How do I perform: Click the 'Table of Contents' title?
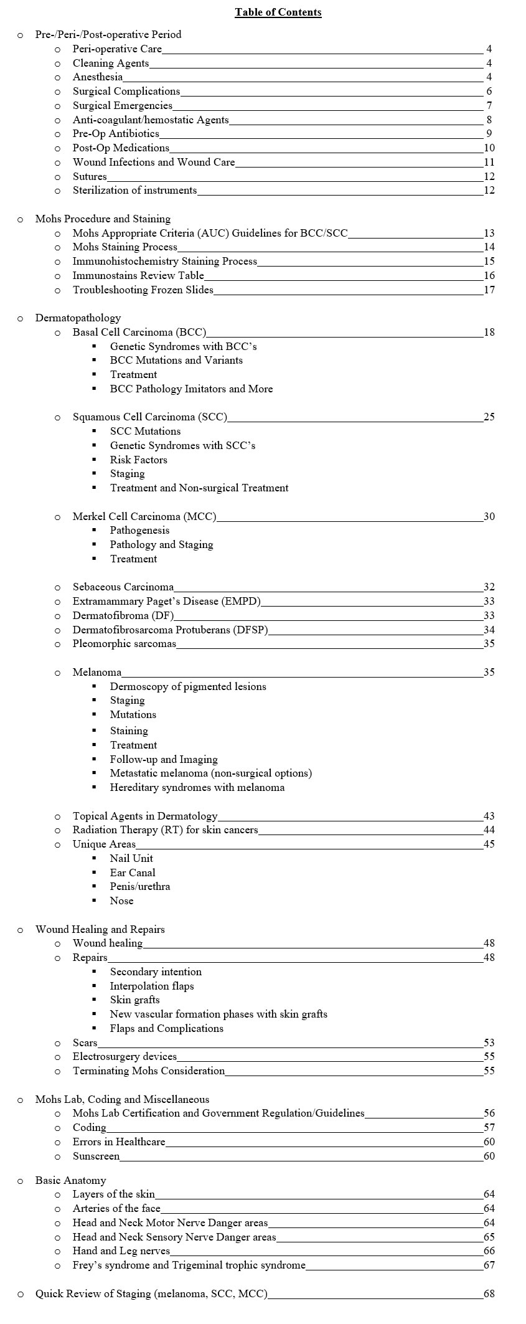pyautogui.click(x=278, y=12)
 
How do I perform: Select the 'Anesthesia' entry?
pyautogui.click(x=98, y=77)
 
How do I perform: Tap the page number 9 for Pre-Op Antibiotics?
pyautogui.click(x=489, y=134)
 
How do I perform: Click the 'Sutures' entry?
pyautogui.click(x=90, y=176)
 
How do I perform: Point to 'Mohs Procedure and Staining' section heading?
pyautogui.click(x=103, y=219)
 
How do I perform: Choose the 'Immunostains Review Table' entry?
pyautogui.click(x=138, y=275)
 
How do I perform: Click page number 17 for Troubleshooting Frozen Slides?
pyautogui.click(x=489, y=290)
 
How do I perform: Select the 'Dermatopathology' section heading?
pyautogui.click(x=78, y=318)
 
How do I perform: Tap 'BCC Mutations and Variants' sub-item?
pyautogui.click(x=176, y=360)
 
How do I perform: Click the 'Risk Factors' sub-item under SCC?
pyautogui.click(x=139, y=460)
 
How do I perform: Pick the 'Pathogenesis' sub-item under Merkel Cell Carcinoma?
pyautogui.click(x=139, y=531)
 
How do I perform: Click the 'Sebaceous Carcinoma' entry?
pyautogui.click(x=123, y=587)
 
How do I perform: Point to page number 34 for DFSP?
pyautogui.click(x=489, y=630)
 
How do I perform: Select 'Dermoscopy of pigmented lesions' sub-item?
pyautogui.click(x=188, y=686)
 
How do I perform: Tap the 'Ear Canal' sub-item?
pyautogui.click(x=133, y=872)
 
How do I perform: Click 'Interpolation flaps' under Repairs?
pyautogui.click(x=152, y=986)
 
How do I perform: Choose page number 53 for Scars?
pyautogui.click(x=489, y=1043)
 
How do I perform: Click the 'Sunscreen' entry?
pyautogui.click(x=96, y=1156)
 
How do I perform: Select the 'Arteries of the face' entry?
pyautogui.click(x=116, y=1208)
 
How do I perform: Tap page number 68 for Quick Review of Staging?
pyautogui.click(x=489, y=1293)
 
